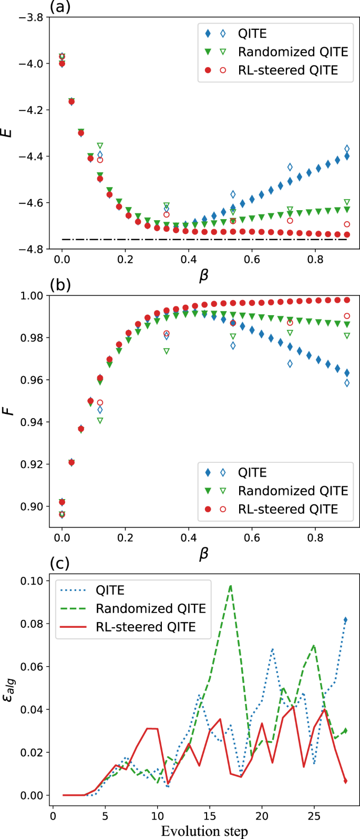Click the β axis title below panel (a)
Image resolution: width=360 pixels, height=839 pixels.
point(204,276)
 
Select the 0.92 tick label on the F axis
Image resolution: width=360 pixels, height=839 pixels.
point(32,464)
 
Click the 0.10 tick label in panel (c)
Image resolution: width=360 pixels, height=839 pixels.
point(32,581)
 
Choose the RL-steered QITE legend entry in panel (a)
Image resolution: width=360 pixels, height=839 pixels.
point(287,70)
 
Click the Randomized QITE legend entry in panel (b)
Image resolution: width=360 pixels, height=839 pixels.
point(293,491)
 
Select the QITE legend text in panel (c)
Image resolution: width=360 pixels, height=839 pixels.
point(110,590)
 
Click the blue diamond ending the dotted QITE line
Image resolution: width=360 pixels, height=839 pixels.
point(345,620)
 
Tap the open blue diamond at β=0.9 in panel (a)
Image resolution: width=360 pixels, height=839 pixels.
point(347,149)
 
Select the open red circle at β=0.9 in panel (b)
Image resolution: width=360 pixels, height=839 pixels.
point(347,316)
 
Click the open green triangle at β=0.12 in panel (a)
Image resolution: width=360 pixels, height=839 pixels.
point(100,146)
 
